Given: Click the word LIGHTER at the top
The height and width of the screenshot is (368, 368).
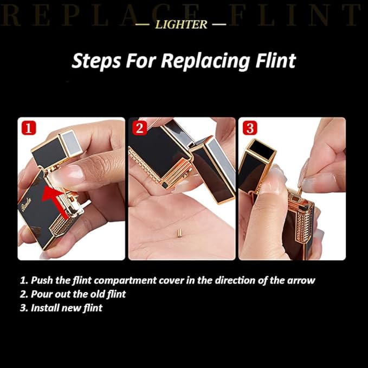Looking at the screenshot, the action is [181, 24].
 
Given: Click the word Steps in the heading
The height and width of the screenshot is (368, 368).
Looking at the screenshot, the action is [96, 61].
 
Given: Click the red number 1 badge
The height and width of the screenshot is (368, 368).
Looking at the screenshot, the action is [29, 128].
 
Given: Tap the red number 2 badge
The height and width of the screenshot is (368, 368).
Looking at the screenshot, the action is [139, 128].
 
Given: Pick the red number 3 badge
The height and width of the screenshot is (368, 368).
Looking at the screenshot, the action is [250, 128].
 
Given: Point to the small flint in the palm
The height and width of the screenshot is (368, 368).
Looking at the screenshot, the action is [179, 233].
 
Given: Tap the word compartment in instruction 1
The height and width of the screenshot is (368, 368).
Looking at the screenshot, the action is [125, 281].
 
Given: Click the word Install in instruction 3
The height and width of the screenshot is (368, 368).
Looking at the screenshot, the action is [44, 308].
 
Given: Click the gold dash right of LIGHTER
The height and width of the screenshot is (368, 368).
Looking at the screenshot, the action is [219, 24].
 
